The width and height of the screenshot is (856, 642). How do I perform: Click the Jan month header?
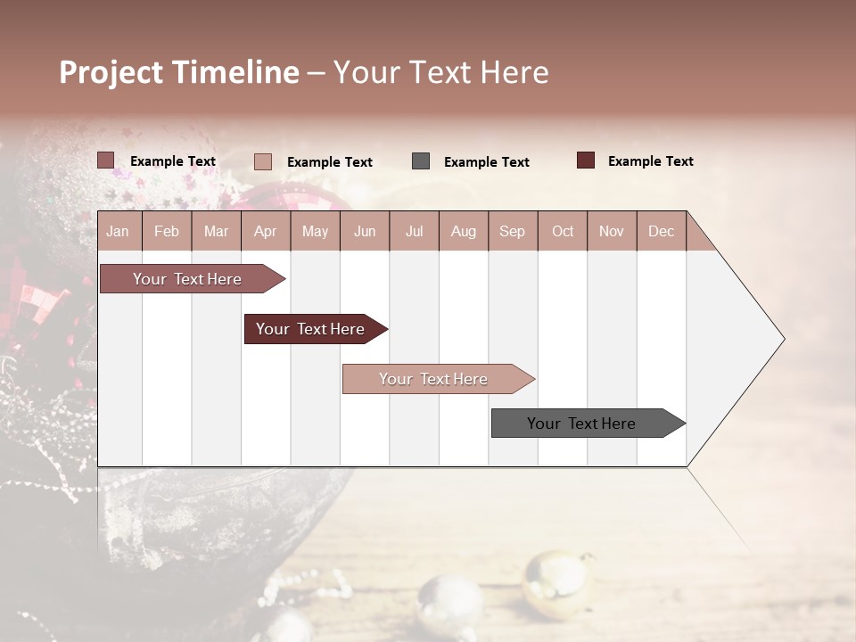118,232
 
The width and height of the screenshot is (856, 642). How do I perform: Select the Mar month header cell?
216,232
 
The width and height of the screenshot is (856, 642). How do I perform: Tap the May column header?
315,232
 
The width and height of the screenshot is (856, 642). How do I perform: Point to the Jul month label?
414,232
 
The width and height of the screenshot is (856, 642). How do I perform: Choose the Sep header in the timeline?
512,232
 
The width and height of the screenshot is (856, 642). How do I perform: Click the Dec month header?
661,232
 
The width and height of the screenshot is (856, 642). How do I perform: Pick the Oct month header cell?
563,232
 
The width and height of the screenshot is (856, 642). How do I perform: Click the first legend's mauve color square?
106,160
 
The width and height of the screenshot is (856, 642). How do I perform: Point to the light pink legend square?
263,161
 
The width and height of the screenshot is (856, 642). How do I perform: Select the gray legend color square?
421,160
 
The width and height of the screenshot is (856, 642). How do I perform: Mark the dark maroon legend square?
586,160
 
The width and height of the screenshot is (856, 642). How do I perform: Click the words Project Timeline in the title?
179,72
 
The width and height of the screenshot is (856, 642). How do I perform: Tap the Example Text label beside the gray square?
487,162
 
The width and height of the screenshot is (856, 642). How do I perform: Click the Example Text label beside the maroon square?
651,161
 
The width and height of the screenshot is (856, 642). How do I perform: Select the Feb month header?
167,232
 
